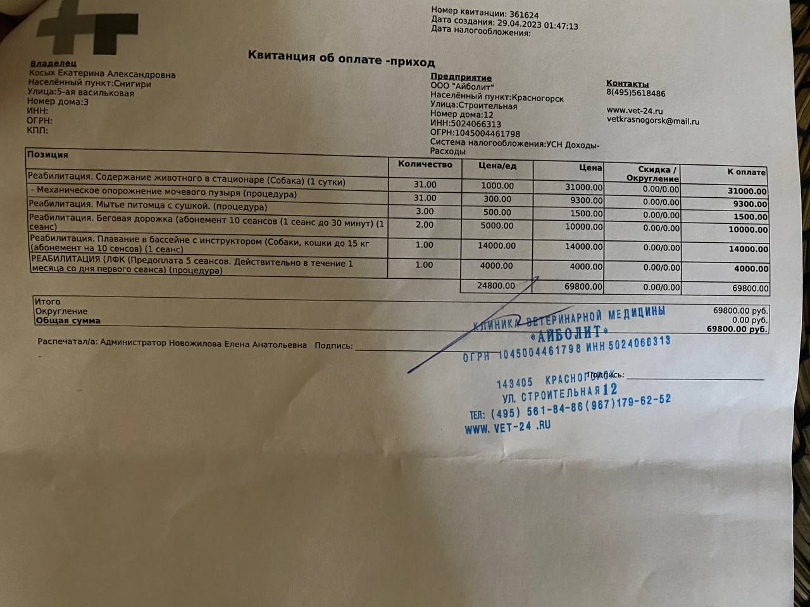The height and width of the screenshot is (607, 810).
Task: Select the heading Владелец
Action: tap(53, 64)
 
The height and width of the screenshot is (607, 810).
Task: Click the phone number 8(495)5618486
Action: tap(635, 94)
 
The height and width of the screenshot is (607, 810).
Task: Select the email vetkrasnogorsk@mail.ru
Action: tap(652, 121)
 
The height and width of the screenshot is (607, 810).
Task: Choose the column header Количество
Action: tap(425, 164)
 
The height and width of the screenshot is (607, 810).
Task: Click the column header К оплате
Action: tap(746, 172)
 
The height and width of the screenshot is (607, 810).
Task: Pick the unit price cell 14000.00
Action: tap(496, 246)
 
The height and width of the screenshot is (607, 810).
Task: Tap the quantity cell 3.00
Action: tap(425, 211)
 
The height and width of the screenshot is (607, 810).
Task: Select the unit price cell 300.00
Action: tap(497, 199)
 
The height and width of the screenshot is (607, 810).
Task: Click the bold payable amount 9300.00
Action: tap(750, 204)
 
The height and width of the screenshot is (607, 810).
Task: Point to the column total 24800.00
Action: tap(495, 286)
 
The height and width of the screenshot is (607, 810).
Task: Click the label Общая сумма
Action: tap(68, 321)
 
